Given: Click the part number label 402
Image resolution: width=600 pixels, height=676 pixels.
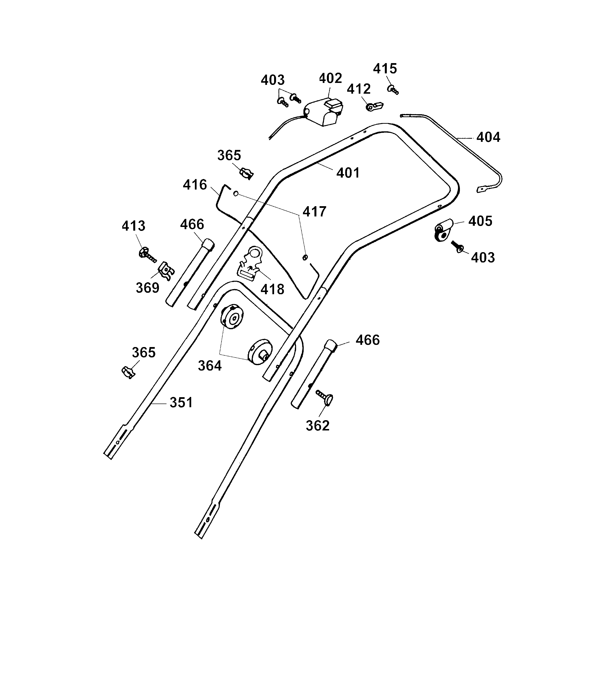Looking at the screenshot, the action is (330, 78).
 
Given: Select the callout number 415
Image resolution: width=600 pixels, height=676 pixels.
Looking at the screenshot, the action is (385, 69).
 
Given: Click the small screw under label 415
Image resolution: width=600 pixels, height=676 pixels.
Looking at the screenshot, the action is (393, 90).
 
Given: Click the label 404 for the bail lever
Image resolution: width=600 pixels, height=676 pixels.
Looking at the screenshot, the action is (488, 137).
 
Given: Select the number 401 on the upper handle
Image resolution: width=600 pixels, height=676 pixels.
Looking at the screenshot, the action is (348, 173).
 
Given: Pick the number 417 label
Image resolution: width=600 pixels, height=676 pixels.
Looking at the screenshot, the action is (314, 212).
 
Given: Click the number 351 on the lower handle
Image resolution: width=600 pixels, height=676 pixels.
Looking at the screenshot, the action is (181, 403).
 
